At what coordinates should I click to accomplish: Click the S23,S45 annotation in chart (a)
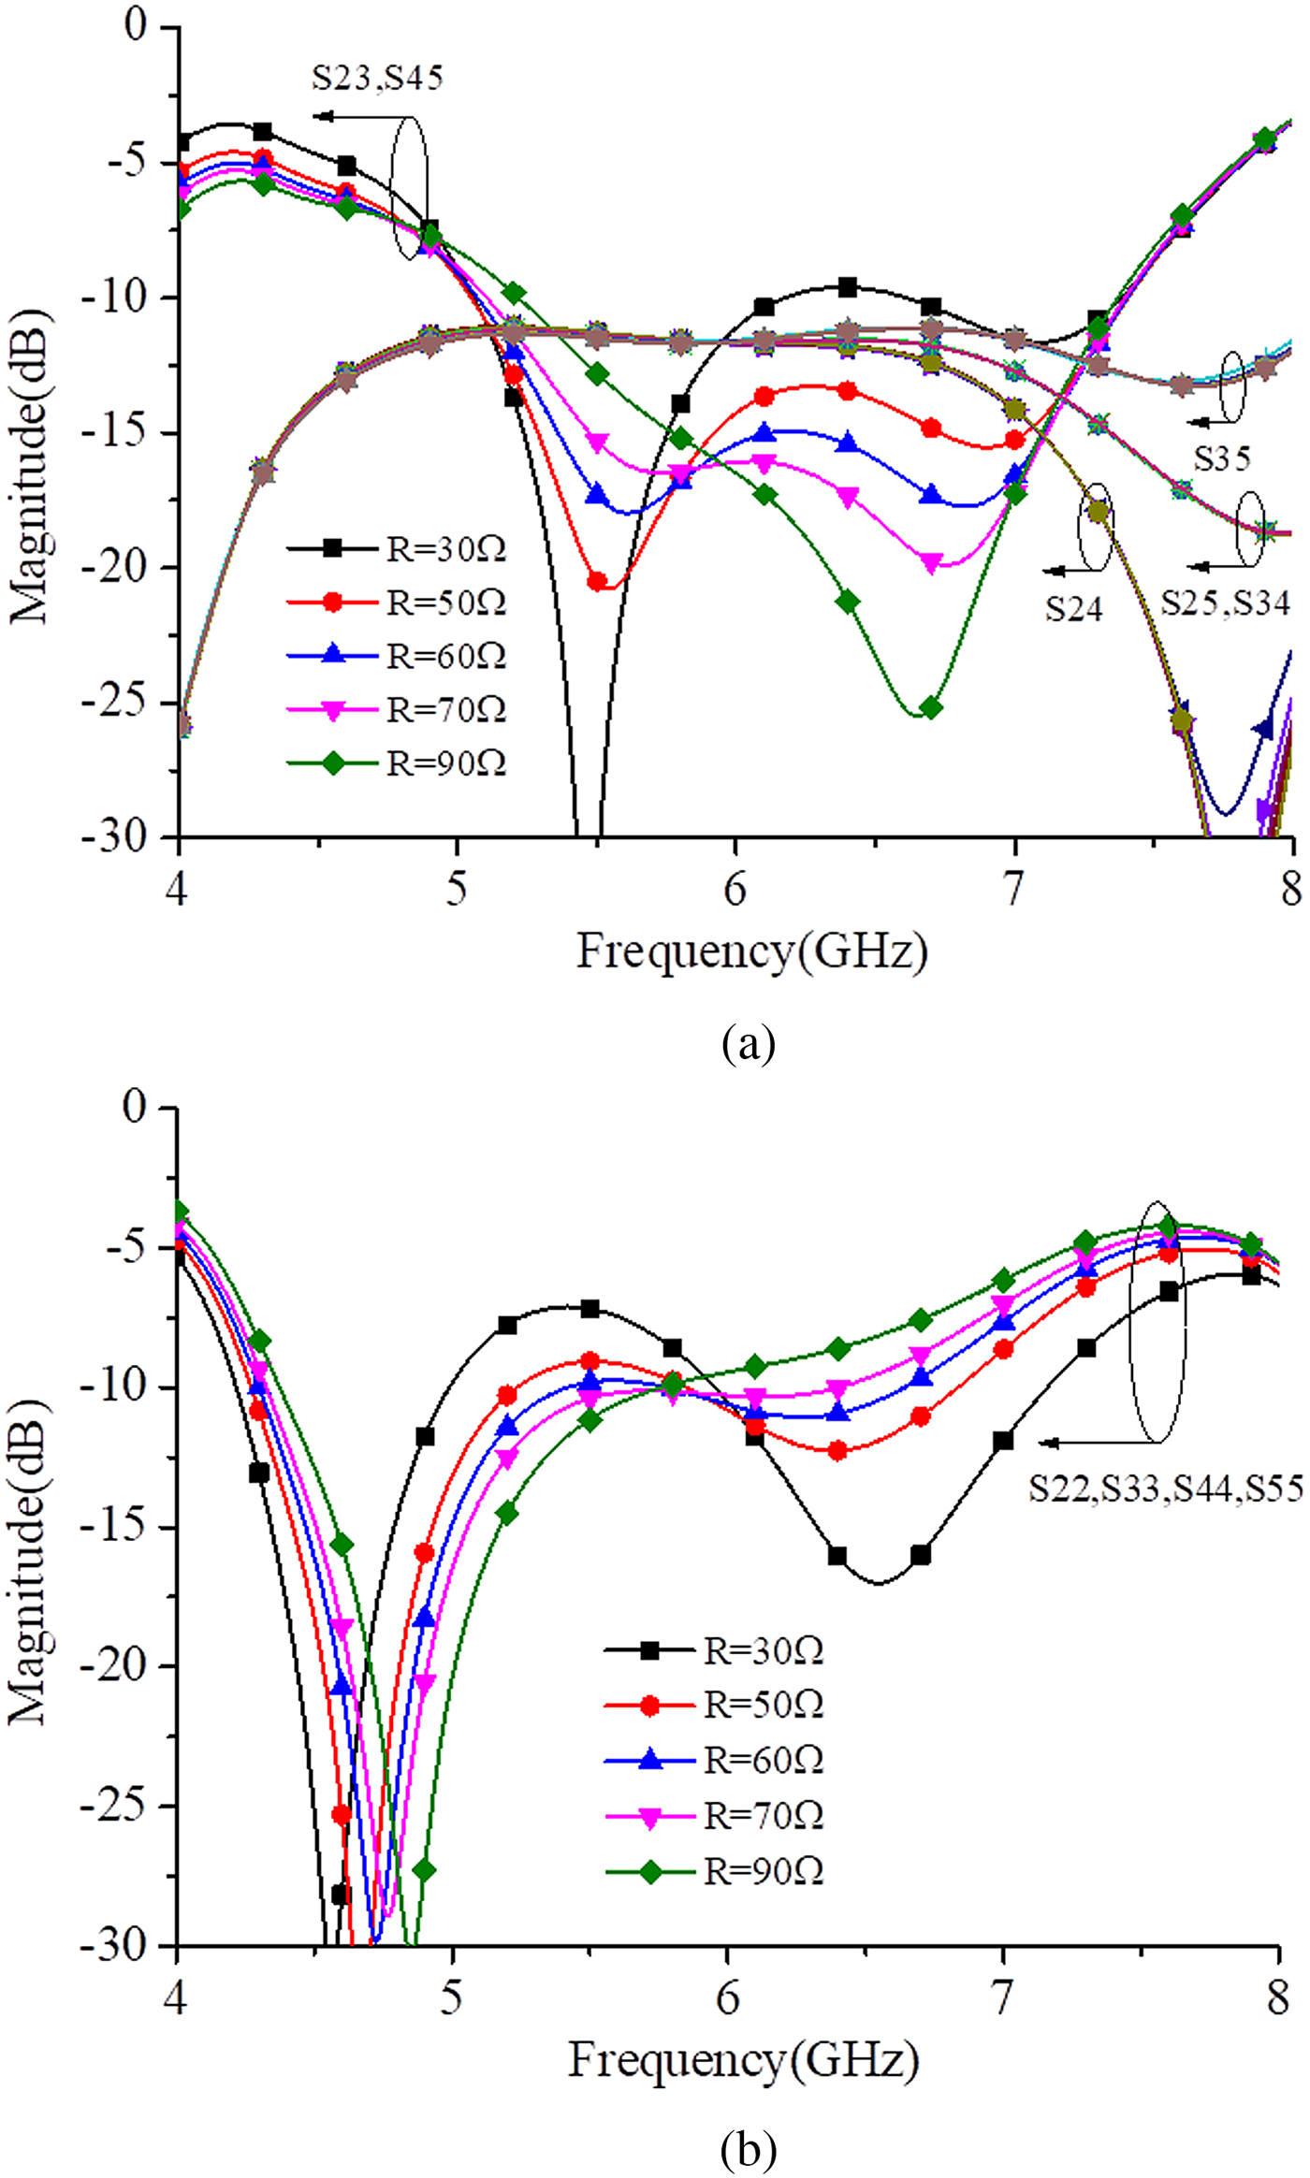tap(377, 78)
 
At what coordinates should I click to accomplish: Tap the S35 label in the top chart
tap(1222, 458)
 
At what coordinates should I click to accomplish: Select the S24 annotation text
tap(1074, 609)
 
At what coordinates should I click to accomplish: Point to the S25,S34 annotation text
tap(1226, 603)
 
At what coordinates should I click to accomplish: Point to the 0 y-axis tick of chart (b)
tap(137, 1107)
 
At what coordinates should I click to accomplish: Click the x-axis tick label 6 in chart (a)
tap(735, 889)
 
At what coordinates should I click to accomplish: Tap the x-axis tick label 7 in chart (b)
tap(1003, 1998)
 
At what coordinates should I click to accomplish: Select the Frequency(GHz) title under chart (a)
tap(751, 952)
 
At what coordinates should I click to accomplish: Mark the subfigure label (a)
tap(749, 1041)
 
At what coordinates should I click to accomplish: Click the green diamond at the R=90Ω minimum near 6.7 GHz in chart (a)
tap(931, 708)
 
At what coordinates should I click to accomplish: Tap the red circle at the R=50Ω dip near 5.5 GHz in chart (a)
tap(596, 581)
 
